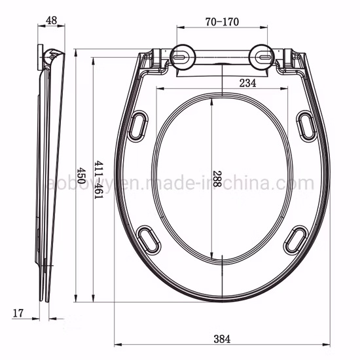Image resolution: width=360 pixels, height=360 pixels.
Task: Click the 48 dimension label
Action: (50, 21)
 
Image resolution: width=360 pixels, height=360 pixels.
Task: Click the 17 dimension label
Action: (18, 314)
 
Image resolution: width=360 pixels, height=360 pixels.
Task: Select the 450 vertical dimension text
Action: (81, 175)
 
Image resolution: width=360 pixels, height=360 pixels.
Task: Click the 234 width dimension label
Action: (247, 82)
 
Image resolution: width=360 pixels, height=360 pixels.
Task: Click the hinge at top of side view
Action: (51, 57)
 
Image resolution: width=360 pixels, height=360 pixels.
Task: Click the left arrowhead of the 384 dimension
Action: (118, 344)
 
